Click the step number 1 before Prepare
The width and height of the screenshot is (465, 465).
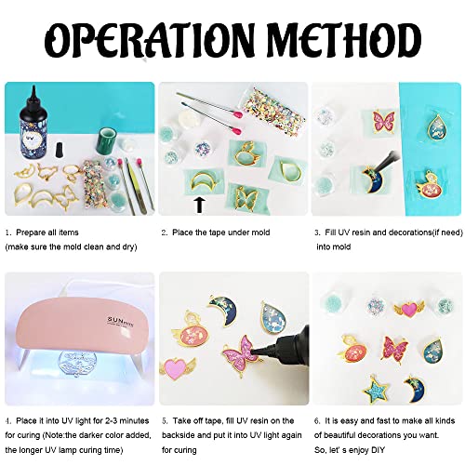coord(7,232)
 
